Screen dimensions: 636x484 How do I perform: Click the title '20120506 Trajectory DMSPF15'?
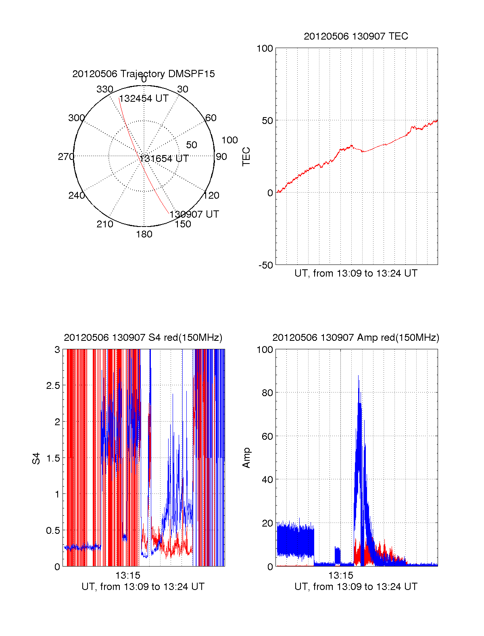pyautogui.click(x=144, y=74)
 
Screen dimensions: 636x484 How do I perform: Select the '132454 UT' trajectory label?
pyautogui.click(x=144, y=99)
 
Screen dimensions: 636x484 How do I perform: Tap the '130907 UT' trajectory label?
pyautogui.click(x=194, y=214)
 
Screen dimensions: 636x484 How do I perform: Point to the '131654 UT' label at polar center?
pyautogui.click(x=164, y=159)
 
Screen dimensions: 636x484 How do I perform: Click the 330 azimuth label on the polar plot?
pyautogui.click(x=105, y=89)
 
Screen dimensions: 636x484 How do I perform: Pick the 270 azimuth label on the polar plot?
pyautogui.click(x=66, y=157)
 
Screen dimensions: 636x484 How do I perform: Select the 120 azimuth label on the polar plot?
pyautogui.click(x=211, y=195)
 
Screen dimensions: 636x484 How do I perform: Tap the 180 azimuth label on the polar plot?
pyautogui.click(x=144, y=234)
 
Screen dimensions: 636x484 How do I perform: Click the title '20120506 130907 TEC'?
pyautogui.click(x=356, y=36)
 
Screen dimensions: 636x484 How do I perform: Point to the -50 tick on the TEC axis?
pyautogui.click(x=266, y=265)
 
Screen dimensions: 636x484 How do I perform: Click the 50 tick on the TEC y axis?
pyautogui.click(x=267, y=121)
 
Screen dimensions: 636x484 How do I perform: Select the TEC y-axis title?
pyautogui.click(x=246, y=157)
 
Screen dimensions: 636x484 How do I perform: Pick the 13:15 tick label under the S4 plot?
pyautogui.click(x=128, y=575)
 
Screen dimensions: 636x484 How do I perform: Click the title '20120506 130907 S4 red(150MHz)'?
pyautogui.click(x=143, y=338)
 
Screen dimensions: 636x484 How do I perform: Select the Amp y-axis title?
pyautogui.click(x=246, y=458)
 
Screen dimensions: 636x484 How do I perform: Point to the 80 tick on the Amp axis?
pyautogui.click(x=267, y=393)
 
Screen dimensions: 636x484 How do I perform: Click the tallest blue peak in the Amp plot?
pyautogui.click(x=358, y=376)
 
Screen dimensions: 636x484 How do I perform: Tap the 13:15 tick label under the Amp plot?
pyautogui.click(x=340, y=575)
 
